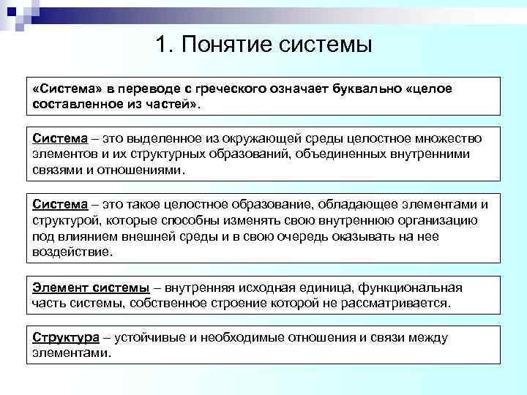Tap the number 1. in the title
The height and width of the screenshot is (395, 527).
pos(165,45)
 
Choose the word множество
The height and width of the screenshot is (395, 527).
pos(431,139)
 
